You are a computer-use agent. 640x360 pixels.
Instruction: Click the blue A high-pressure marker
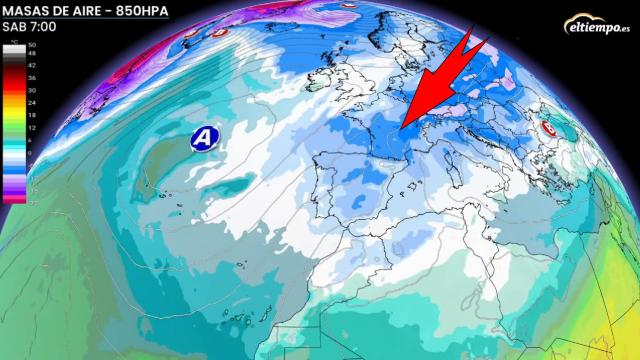tap(204, 138)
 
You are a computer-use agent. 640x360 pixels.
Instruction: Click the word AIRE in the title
tap(87, 10)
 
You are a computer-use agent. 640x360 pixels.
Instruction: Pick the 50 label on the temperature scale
tap(31, 46)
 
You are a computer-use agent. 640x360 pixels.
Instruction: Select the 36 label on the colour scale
tap(31, 76)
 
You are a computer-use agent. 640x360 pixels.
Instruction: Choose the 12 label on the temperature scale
tap(31, 130)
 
